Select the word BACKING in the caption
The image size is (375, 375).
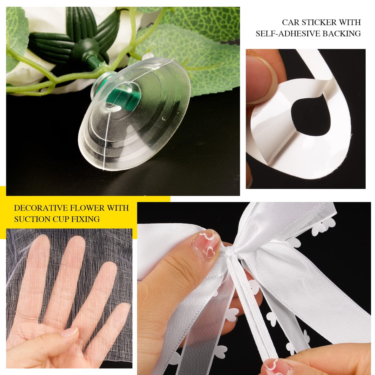[x=342, y=34]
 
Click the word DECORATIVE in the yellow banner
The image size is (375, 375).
[x=40, y=208]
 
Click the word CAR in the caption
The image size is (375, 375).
[x=290, y=23]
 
